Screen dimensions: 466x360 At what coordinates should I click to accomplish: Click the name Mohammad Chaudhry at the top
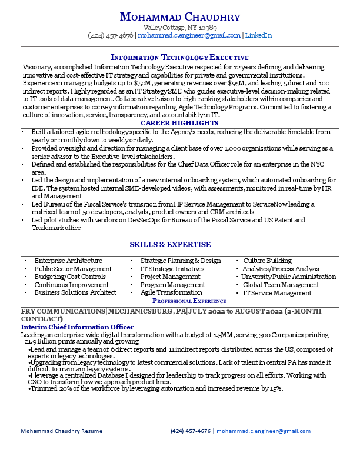coord(179,16)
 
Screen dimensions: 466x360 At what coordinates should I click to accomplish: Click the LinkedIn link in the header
coord(258,35)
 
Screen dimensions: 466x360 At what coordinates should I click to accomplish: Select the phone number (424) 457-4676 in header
coord(110,35)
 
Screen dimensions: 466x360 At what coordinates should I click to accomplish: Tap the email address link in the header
coord(189,35)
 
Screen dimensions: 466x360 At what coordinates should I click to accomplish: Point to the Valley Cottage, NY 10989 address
coord(179,27)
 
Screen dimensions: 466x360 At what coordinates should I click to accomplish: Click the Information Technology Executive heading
coord(179,57)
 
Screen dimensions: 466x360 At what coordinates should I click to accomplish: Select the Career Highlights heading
coord(179,123)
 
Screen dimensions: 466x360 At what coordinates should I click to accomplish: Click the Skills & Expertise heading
coord(179,244)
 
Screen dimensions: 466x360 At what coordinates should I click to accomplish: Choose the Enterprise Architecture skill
coord(68,261)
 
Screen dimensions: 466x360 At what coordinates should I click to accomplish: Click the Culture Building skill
coord(267,261)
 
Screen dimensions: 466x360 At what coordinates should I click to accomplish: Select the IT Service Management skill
coord(277,292)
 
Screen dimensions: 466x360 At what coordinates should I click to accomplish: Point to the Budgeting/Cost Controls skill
coord(69,277)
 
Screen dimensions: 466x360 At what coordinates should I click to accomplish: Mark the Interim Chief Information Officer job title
coord(77,327)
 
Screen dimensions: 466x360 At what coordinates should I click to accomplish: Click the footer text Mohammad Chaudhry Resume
coord(61,431)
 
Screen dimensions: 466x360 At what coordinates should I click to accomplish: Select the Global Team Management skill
coord(281,285)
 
